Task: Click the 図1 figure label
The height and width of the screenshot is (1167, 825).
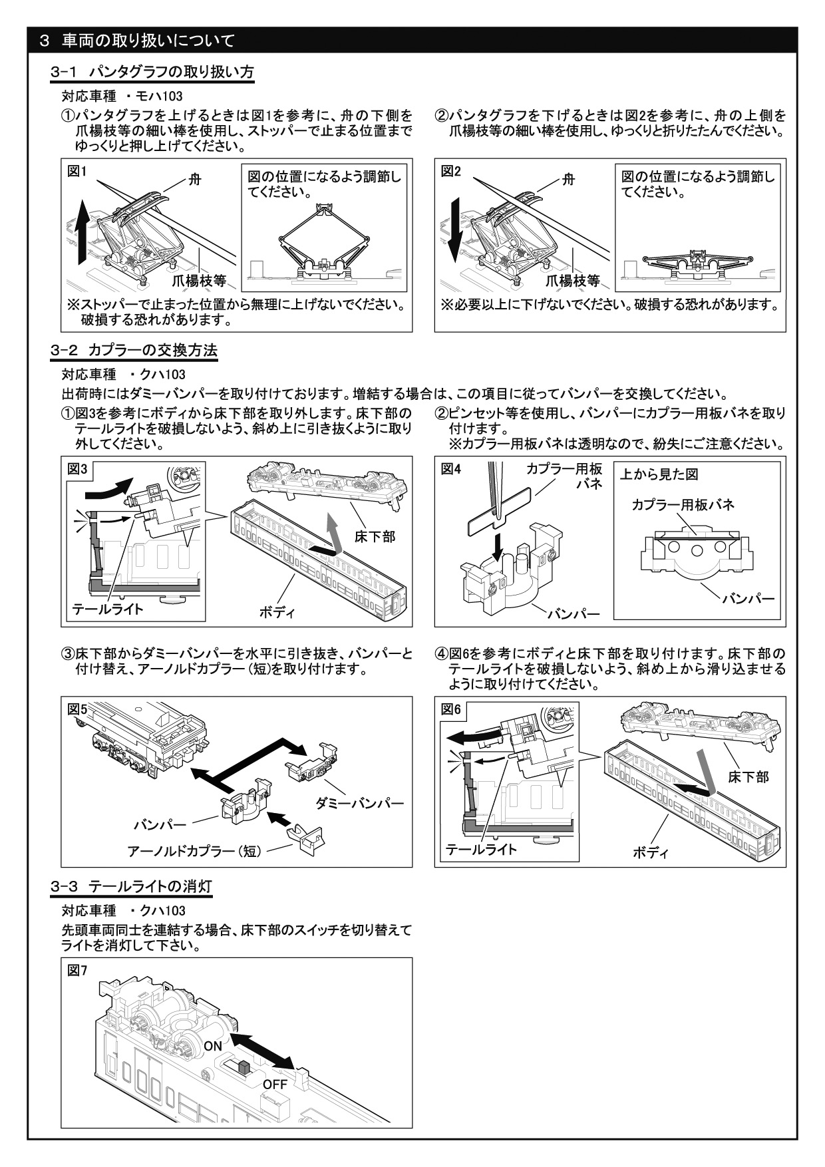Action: [78, 172]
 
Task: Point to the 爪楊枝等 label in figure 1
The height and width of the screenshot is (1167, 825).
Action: [200, 280]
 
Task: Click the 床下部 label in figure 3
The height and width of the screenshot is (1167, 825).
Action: [375, 536]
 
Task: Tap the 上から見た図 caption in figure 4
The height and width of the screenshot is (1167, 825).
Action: [659, 474]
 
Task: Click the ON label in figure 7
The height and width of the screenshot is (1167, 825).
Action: [213, 1046]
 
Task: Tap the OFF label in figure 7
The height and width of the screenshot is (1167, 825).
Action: [275, 1084]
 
